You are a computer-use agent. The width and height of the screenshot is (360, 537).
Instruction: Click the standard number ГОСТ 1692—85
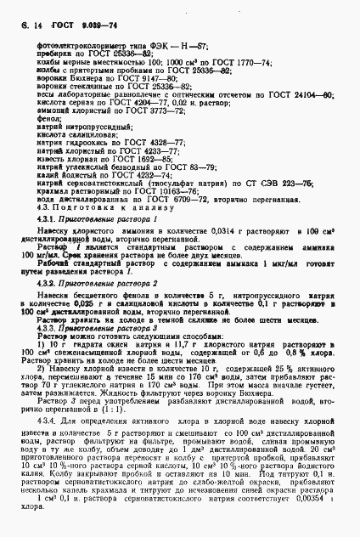pyautogui.click(x=129, y=156)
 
